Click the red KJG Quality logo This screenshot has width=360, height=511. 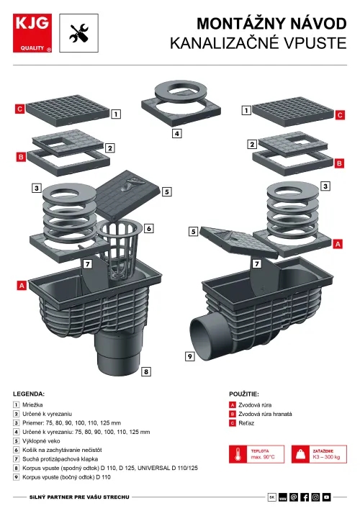(32, 33)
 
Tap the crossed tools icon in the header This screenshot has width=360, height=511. (79, 33)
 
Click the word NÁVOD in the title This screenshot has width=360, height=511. (318, 24)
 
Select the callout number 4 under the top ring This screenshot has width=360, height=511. (176, 133)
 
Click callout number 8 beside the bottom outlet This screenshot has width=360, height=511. (146, 371)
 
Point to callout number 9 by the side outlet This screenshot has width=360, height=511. (190, 356)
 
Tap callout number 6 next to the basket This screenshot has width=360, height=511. (149, 228)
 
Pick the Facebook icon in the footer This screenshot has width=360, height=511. (305, 497)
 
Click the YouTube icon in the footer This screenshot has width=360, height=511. (326, 497)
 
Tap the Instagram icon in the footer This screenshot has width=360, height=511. (315, 497)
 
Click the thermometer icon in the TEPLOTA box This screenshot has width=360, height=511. (238, 454)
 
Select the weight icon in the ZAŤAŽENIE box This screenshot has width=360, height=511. (301, 454)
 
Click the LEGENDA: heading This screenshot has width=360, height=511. (29, 394)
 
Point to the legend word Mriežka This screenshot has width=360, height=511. (32, 404)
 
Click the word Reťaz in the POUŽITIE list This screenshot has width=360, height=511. (246, 423)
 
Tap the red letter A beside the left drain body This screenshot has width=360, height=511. (22, 286)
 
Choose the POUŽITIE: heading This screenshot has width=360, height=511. (244, 394)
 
